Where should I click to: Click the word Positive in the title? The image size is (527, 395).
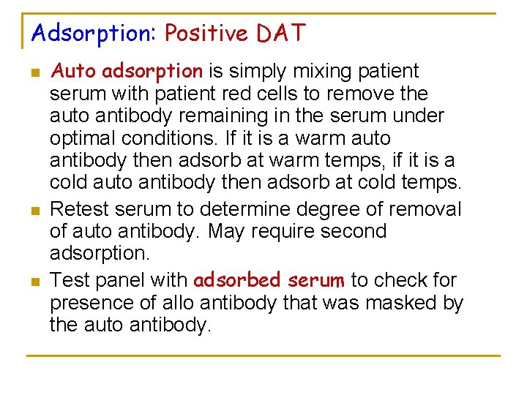point(207,34)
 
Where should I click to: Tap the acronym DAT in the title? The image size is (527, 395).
point(281,34)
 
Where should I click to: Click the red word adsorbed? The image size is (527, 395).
point(237,280)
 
